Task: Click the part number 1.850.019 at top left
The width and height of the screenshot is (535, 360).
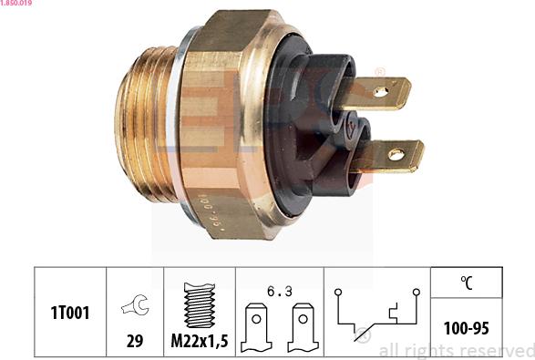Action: pos(16,3)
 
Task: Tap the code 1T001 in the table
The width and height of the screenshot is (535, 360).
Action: pos(70,313)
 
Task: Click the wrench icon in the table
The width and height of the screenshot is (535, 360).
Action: pos(136,304)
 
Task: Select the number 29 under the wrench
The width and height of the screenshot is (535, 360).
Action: pos(135,341)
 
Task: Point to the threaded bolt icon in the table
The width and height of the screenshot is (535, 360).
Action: pos(200,305)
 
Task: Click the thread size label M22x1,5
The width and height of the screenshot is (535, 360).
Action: pos(200,341)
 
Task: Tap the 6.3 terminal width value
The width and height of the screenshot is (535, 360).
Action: pos(280,292)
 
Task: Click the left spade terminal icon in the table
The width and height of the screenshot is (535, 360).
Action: pos(256,327)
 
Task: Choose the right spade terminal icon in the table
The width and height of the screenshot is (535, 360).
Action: pos(303,327)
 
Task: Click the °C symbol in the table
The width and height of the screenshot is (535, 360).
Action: pos(467,283)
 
